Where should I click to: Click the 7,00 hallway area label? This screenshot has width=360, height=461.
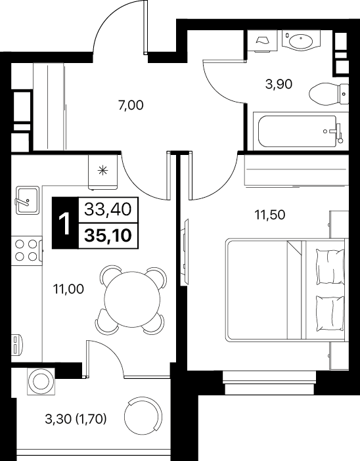(131, 105)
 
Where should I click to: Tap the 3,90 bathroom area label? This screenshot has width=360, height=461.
(279, 84)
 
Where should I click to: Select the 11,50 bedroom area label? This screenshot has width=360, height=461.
(270, 215)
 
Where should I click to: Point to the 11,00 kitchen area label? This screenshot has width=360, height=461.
(68, 290)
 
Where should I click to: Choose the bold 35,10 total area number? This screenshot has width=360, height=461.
(108, 236)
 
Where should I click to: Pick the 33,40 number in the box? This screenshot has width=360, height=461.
(108, 209)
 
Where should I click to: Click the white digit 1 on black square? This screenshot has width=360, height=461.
(65, 223)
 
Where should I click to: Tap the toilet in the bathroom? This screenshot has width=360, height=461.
(329, 94)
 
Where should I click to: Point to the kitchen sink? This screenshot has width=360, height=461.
(28, 200)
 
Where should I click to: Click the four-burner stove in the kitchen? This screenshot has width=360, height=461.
(26, 250)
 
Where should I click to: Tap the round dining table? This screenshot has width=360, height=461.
(132, 299)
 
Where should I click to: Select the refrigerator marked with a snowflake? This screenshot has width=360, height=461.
(102, 171)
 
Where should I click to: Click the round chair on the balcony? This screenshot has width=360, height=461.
(143, 416)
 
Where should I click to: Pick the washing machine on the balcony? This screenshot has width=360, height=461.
(41, 381)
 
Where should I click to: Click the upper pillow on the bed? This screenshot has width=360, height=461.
(330, 267)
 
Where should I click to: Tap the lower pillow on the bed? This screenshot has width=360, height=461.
(330, 313)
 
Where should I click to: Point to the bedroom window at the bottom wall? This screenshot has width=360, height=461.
(270, 382)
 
